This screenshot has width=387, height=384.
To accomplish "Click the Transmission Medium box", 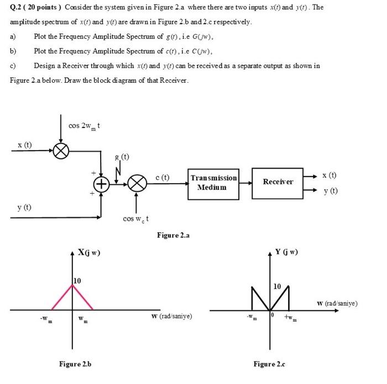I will [x=213, y=182].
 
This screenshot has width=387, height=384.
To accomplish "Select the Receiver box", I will [x=278, y=182].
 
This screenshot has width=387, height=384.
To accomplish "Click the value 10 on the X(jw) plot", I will [x=77, y=281].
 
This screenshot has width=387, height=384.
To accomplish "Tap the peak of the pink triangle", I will [x=72, y=287].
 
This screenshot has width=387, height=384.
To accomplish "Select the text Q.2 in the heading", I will [x=17, y=7].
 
